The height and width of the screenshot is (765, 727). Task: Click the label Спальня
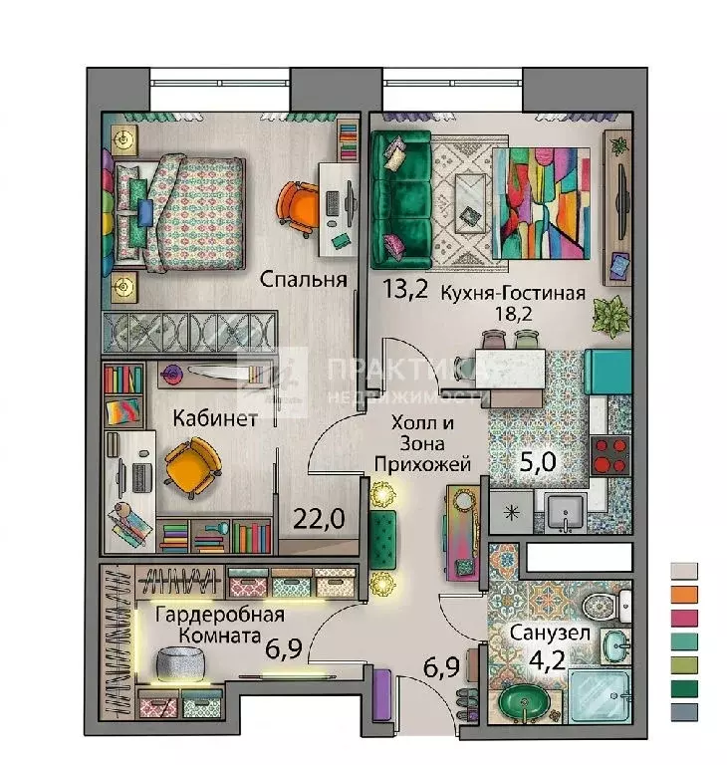[x=303, y=280]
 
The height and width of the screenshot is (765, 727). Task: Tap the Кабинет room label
[x=215, y=418]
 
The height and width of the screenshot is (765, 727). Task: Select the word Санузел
[x=550, y=633]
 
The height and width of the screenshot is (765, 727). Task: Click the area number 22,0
[x=319, y=519]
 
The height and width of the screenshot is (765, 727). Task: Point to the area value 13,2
[x=405, y=288]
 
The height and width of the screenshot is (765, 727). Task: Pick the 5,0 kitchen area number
[x=537, y=461]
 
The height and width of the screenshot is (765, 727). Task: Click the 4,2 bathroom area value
[x=548, y=659]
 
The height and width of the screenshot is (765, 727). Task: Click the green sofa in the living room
[x=400, y=200]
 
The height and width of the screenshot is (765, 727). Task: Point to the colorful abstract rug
[x=541, y=203]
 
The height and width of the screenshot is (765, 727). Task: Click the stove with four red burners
[x=609, y=455]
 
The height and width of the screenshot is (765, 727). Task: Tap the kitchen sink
[x=565, y=513]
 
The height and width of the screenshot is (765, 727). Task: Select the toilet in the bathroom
[x=606, y=606]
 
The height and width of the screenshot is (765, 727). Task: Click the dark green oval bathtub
[x=525, y=701]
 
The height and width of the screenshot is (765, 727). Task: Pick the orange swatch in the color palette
[x=684, y=594]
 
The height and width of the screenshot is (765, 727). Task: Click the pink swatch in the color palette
[x=684, y=618]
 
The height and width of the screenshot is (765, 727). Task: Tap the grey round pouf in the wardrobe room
[x=180, y=664]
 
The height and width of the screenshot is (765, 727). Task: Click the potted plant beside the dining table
[x=610, y=316]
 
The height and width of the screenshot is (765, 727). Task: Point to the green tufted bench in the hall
[x=383, y=540]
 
